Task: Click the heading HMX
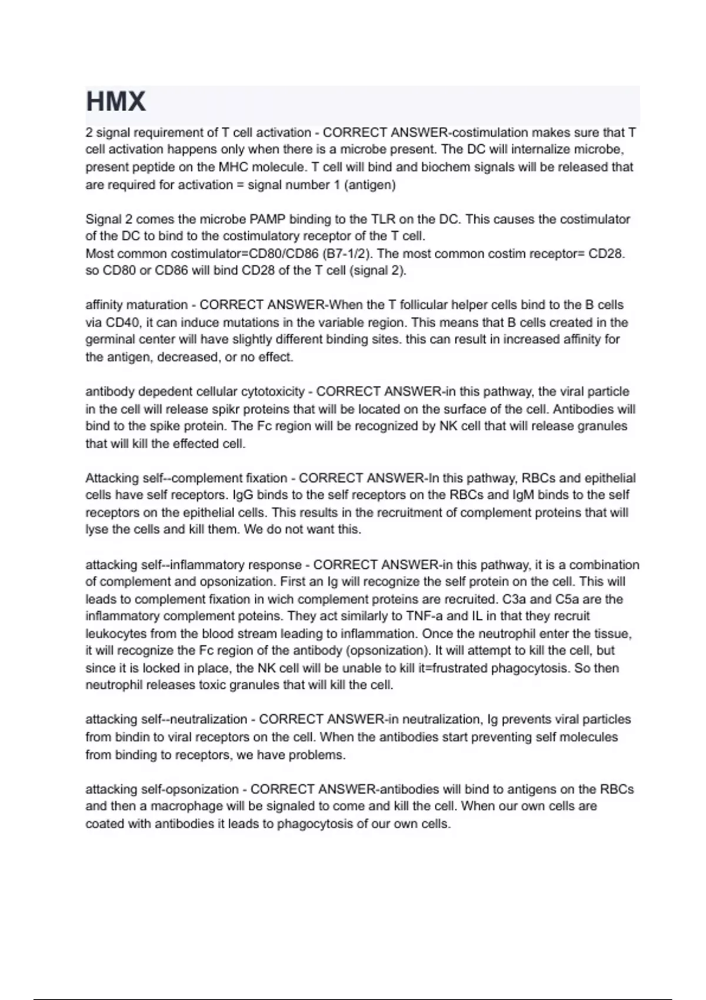[116, 102]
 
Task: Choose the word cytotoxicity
[273, 392]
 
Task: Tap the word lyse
[96, 529]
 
